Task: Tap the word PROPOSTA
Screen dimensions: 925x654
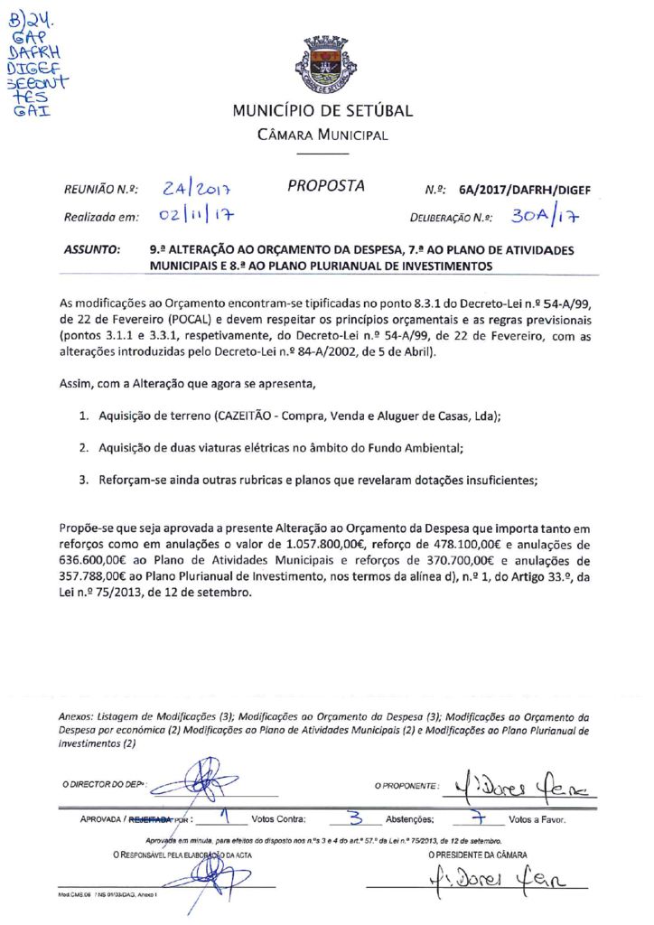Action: click(326, 187)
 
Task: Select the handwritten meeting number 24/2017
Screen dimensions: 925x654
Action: click(198, 189)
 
